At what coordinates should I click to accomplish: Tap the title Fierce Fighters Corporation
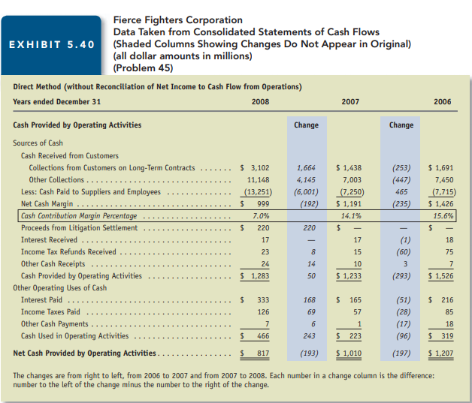click(x=177, y=20)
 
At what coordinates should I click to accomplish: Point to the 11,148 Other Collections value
click(x=258, y=180)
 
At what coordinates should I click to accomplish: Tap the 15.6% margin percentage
click(x=443, y=215)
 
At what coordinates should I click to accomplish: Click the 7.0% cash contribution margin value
click(x=260, y=215)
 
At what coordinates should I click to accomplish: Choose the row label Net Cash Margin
click(x=45, y=203)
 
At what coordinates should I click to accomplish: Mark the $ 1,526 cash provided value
click(x=440, y=275)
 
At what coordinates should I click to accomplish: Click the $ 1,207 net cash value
click(x=440, y=353)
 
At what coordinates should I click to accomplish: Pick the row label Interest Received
click(x=49, y=239)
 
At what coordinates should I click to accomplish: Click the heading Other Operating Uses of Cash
click(x=60, y=287)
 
